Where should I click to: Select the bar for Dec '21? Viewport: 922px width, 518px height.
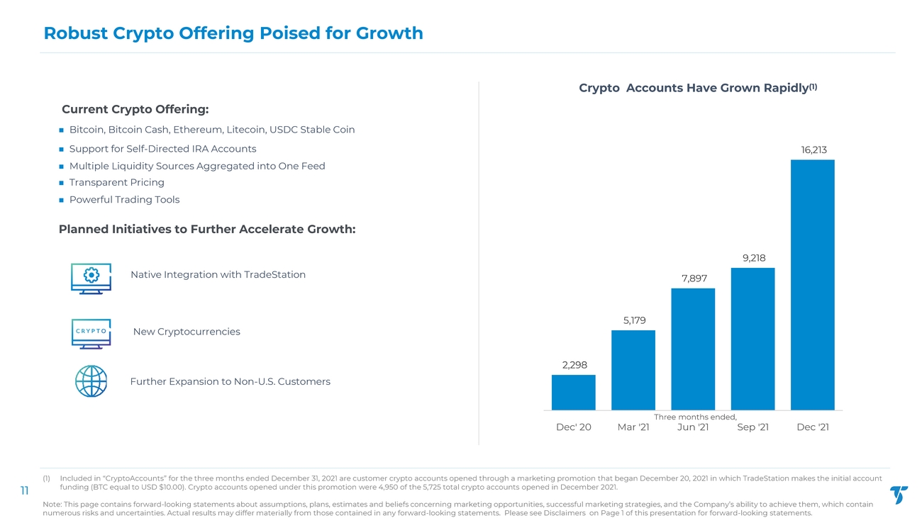point(813,284)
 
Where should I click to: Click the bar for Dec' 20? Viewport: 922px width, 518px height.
point(573,392)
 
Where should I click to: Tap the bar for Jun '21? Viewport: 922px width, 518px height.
point(693,349)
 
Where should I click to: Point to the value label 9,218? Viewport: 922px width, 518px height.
point(754,258)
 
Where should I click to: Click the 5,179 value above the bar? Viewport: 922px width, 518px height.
point(634,321)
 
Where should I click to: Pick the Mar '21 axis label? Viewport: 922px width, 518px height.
point(633,427)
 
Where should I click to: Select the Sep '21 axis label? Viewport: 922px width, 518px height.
point(752,427)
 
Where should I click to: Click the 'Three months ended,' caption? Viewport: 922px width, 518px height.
point(695,417)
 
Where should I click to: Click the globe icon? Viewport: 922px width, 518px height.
point(91,381)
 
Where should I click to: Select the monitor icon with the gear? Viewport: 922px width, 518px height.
point(91,278)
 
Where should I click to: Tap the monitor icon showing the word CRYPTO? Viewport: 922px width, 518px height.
point(91,334)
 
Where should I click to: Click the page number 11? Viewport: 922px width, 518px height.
point(25,490)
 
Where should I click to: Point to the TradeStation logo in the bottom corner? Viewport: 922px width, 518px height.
point(899,495)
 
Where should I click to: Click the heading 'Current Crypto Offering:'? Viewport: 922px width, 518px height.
point(135,109)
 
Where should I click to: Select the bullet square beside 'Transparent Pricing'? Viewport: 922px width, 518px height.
point(61,183)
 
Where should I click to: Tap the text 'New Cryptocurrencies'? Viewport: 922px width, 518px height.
point(187,332)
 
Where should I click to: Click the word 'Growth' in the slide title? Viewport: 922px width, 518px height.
point(389,33)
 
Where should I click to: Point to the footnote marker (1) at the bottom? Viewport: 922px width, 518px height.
point(47,478)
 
